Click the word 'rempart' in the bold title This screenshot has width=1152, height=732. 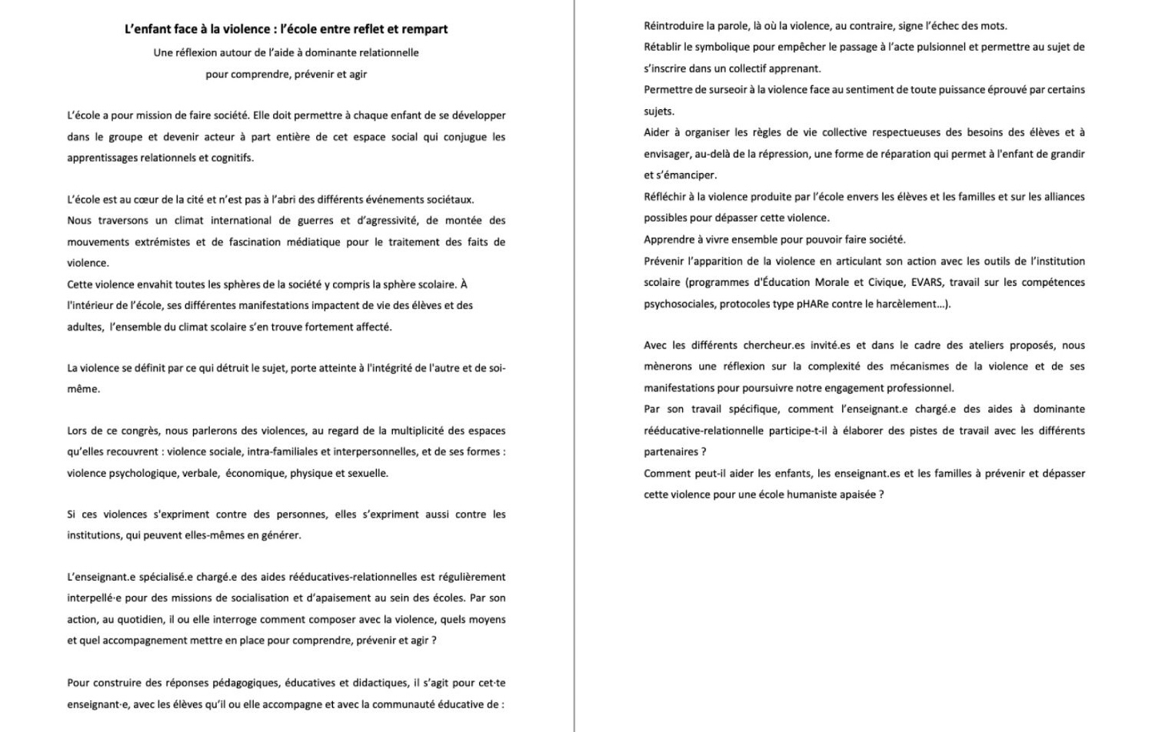tap(424, 29)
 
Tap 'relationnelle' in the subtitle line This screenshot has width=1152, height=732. tap(388, 53)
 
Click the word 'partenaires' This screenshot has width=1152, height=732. tap(671, 452)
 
